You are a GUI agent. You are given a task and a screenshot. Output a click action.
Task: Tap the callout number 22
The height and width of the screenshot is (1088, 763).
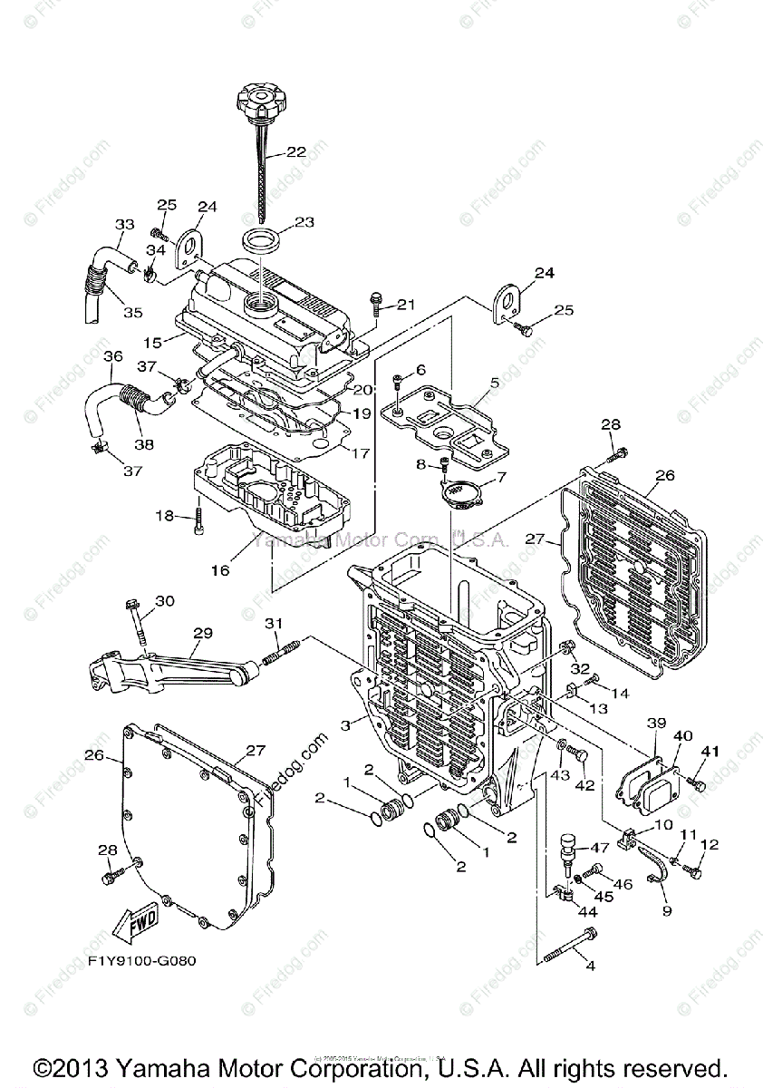coord(297,152)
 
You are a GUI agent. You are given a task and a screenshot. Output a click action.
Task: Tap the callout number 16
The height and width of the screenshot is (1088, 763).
coord(220,570)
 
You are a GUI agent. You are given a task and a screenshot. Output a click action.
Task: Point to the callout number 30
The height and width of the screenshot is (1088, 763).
coord(165,600)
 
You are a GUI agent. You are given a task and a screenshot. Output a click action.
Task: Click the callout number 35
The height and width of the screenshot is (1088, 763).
coord(133,313)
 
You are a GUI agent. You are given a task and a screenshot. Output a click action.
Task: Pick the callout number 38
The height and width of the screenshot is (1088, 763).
coord(143,444)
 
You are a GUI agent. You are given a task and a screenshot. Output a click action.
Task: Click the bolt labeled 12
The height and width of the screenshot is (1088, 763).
coord(693,871)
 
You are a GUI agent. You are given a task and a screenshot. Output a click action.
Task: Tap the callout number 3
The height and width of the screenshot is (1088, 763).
coord(346,724)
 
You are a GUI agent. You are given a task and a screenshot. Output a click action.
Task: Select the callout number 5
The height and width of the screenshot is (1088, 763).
coord(494,384)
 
